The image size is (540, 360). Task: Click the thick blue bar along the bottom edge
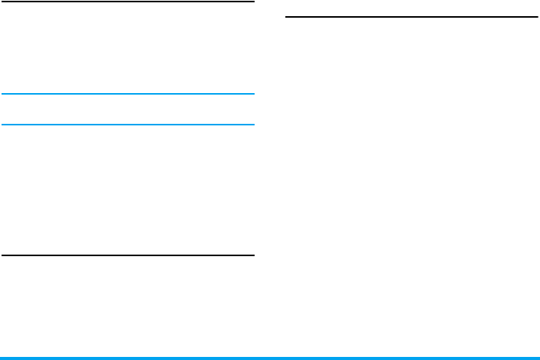[x=270, y=358]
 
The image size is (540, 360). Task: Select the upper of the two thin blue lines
[x=128, y=94]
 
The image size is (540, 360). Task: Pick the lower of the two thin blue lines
[x=128, y=125]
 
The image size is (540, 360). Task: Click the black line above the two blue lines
[x=128, y=2]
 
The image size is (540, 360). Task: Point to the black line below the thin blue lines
[x=128, y=255]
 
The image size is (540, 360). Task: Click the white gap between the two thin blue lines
[x=128, y=109]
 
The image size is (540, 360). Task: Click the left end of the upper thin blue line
[x=2, y=94]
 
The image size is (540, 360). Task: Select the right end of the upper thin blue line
[x=253, y=94]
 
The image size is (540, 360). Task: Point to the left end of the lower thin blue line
[x=2, y=125]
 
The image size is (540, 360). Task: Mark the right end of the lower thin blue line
[x=253, y=125]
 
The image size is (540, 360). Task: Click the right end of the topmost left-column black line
[x=253, y=2]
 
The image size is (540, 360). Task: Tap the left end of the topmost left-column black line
[x=2, y=2]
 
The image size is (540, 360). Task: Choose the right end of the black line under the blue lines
[x=253, y=255]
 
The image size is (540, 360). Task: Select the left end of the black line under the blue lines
[x=2, y=255]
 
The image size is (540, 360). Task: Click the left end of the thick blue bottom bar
[x=2, y=358]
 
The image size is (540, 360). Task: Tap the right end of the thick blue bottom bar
[x=538, y=358]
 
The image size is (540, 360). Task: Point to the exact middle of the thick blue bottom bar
[x=270, y=358]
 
